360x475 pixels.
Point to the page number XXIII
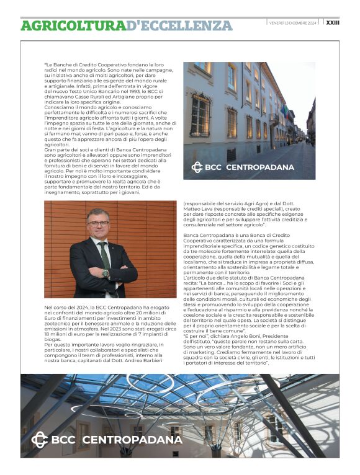(333, 23)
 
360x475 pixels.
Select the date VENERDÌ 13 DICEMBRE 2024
(292, 23)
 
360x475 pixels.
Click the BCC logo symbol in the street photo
(197, 167)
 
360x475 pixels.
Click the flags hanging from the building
(285, 111)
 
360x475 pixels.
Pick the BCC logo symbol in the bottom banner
(39, 440)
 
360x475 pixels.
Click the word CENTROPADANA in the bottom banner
(132, 440)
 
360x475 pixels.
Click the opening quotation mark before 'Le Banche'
(45, 64)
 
